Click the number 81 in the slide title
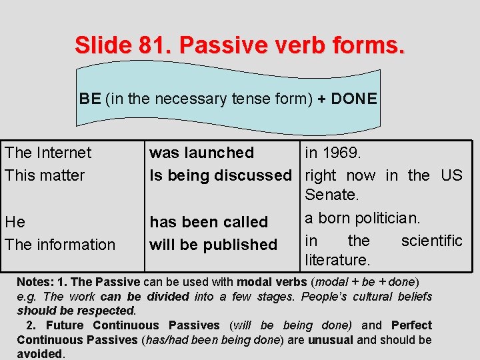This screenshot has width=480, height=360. pos(150,46)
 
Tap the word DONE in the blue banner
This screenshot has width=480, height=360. pos(353,99)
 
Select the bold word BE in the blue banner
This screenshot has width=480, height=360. pos(90,99)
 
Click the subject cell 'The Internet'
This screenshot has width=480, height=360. pos(48,153)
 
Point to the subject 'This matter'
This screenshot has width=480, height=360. pos(45,175)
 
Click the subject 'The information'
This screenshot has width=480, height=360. pos(60,245)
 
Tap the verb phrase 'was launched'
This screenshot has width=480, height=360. pos(201,153)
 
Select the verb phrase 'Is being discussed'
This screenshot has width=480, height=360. pos(220,175)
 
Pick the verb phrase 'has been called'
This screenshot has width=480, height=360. pos(208,222)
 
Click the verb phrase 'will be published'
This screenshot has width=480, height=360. pos(213,245)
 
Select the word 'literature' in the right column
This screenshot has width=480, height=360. pos(337,259)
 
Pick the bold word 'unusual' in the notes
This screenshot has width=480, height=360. pos(331,340)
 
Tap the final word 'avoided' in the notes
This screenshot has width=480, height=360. pos(39,354)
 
